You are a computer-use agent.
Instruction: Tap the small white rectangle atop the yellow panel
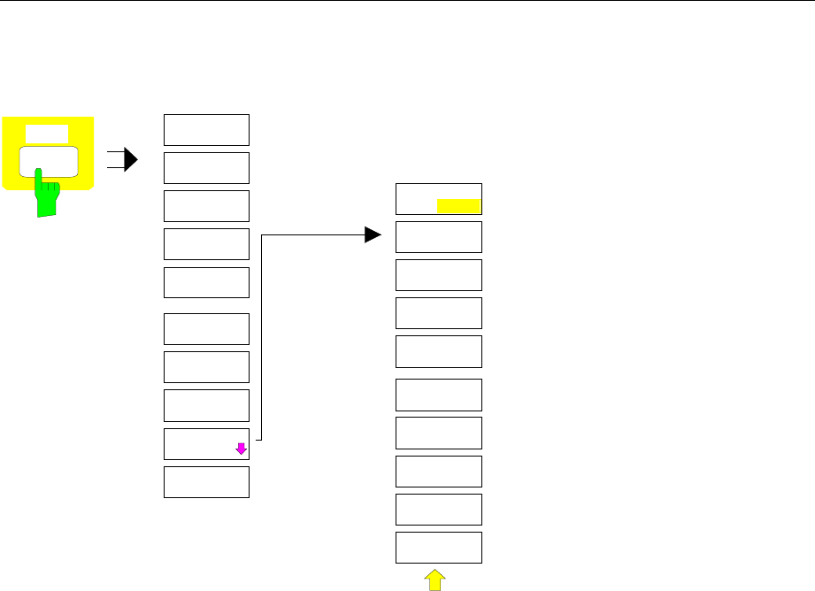(47, 134)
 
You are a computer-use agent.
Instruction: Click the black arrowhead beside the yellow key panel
(131, 160)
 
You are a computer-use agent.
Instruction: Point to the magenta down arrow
(240, 449)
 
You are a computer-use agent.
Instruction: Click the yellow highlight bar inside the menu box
(457, 207)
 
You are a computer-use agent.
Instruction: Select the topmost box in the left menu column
(207, 129)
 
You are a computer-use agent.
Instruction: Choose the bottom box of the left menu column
(207, 482)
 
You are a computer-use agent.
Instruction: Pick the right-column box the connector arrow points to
(438, 237)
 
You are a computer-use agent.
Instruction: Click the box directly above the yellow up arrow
(438, 548)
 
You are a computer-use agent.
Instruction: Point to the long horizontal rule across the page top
(407, 1)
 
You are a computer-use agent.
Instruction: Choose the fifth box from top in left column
(207, 282)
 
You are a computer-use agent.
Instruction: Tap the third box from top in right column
(438, 275)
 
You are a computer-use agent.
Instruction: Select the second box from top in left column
(207, 167)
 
